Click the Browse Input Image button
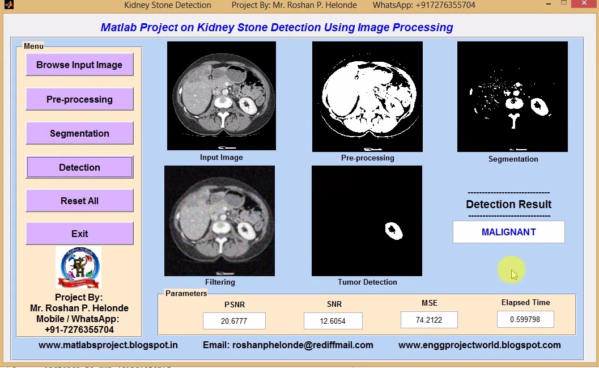pyautogui.click(x=79, y=65)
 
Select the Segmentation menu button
pyautogui.click(x=79, y=133)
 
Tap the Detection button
pyautogui.click(x=79, y=167)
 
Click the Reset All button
pyautogui.click(x=79, y=201)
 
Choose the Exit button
pyautogui.click(x=79, y=234)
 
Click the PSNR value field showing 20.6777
pyautogui.click(x=234, y=321)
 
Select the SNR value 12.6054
pyautogui.click(x=333, y=321)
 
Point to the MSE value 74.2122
pyautogui.click(x=428, y=320)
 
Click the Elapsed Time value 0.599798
pyautogui.click(x=525, y=319)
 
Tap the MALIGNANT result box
pyautogui.click(x=508, y=232)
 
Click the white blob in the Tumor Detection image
pyautogui.click(x=393, y=230)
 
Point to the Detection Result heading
pyautogui.click(x=508, y=204)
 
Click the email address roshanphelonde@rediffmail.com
pyautogui.click(x=288, y=345)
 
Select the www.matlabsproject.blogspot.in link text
pyautogui.click(x=108, y=345)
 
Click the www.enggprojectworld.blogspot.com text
pyautogui.click(x=479, y=345)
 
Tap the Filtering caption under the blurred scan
pyautogui.click(x=220, y=282)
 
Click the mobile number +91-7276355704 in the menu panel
pyautogui.click(x=79, y=329)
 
